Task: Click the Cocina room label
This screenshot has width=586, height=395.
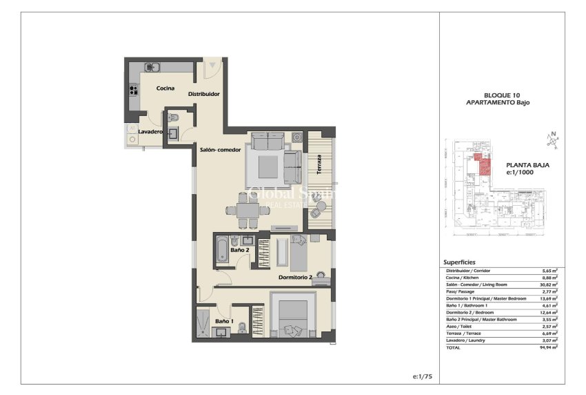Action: tap(165, 88)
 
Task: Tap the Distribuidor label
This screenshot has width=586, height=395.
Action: tap(204, 95)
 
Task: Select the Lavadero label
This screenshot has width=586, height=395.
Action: tap(150, 131)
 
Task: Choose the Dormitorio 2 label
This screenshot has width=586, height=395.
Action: tap(296, 278)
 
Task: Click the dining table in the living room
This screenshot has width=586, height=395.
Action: tap(245, 210)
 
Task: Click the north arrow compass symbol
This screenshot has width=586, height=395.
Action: tap(554, 142)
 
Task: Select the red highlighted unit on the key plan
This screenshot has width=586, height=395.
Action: tap(484, 164)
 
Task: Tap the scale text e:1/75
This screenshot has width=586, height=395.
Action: tap(421, 376)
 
